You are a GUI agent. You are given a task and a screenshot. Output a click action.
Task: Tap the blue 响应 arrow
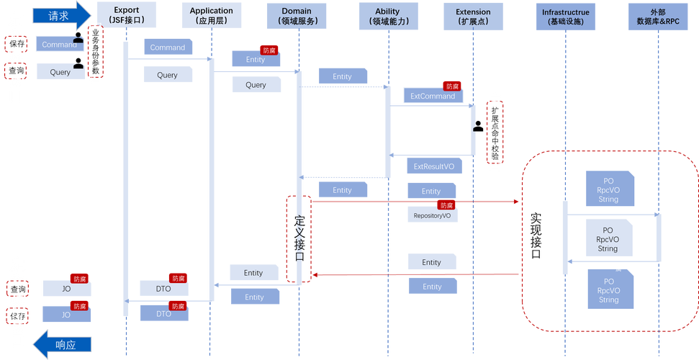pos(63,344)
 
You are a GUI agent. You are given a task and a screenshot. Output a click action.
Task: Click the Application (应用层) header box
pos(211,16)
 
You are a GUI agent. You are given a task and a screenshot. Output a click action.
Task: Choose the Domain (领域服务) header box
pos(297,16)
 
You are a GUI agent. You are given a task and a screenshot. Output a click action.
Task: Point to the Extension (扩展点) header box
pos(473,16)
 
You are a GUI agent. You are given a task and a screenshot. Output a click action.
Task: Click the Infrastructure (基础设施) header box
pos(566,16)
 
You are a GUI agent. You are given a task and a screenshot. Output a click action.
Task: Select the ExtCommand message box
pos(433,96)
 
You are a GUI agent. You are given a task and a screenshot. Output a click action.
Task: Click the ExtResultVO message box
pos(433,166)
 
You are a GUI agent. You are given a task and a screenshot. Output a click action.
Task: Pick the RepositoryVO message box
pos(432,215)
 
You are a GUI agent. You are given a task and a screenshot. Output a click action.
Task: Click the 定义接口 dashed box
pos(299,238)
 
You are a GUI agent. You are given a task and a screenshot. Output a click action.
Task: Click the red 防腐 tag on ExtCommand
pos(452,86)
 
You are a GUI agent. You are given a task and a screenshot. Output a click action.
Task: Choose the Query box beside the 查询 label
pos(60,72)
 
